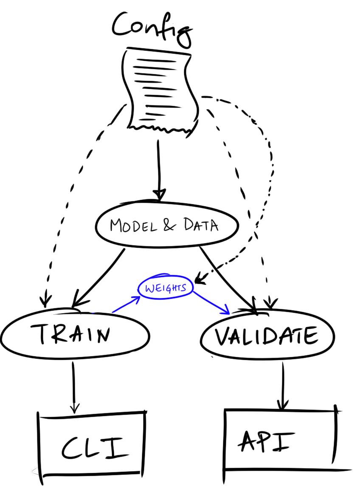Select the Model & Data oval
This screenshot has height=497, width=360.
point(166,225)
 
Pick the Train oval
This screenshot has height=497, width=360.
point(74,335)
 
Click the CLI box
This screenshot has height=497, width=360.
point(91,447)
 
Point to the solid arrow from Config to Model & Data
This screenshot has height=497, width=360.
point(158,170)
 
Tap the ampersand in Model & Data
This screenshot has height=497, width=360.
point(169,225)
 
